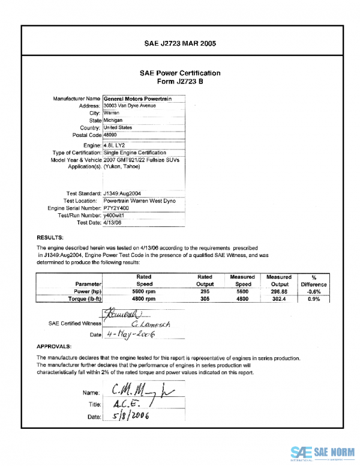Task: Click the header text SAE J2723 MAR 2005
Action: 180,44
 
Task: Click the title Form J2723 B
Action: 180,81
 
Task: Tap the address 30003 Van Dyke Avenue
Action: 130,105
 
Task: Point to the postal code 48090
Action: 111,136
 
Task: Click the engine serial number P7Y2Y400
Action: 117,208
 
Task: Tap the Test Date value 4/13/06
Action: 113,222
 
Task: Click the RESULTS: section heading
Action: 50,238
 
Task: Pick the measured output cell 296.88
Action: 279,291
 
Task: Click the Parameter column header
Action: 88,284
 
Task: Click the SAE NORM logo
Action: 321,452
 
